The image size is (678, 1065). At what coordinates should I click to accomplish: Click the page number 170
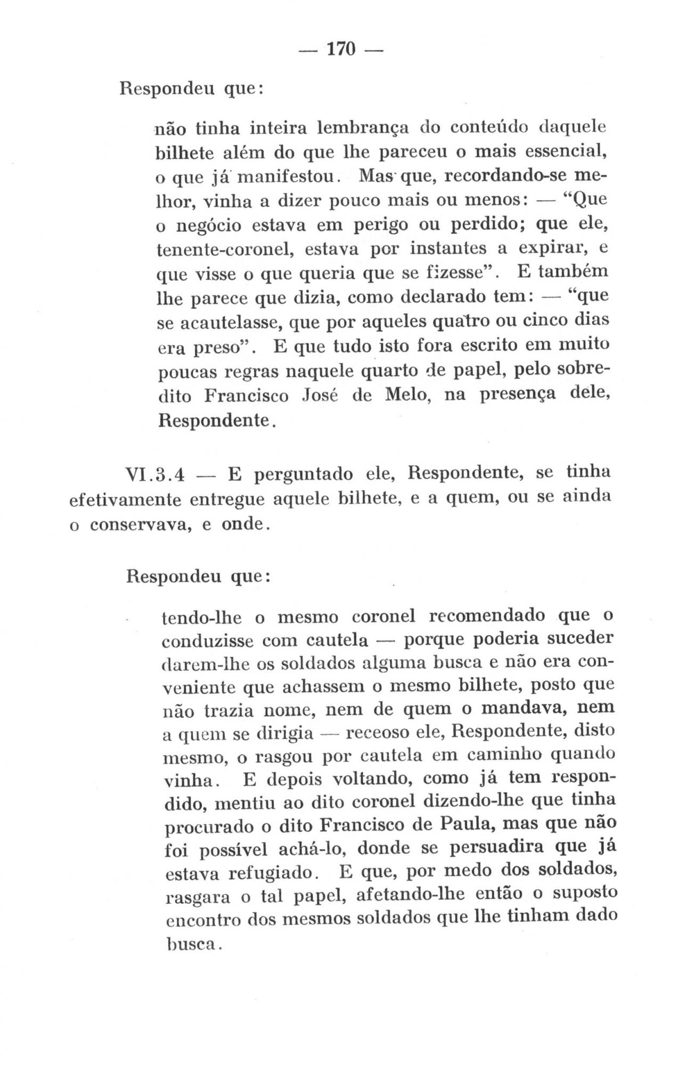340,50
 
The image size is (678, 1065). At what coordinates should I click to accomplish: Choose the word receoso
374,734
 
